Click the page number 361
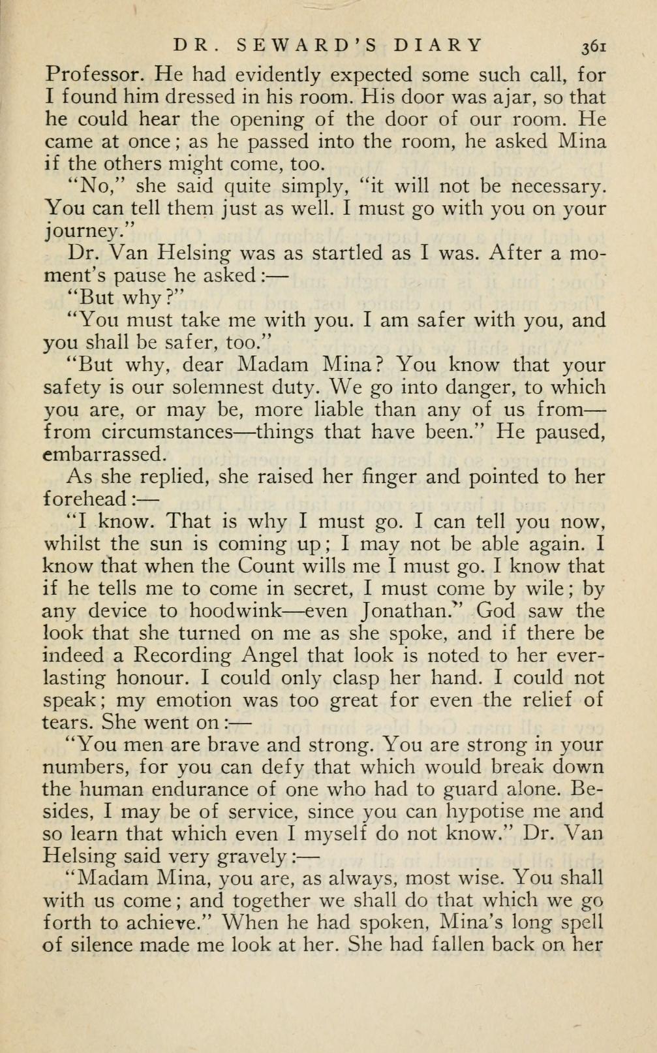click(594, 46)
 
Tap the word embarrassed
click(102, 454)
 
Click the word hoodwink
click(236, 611)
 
